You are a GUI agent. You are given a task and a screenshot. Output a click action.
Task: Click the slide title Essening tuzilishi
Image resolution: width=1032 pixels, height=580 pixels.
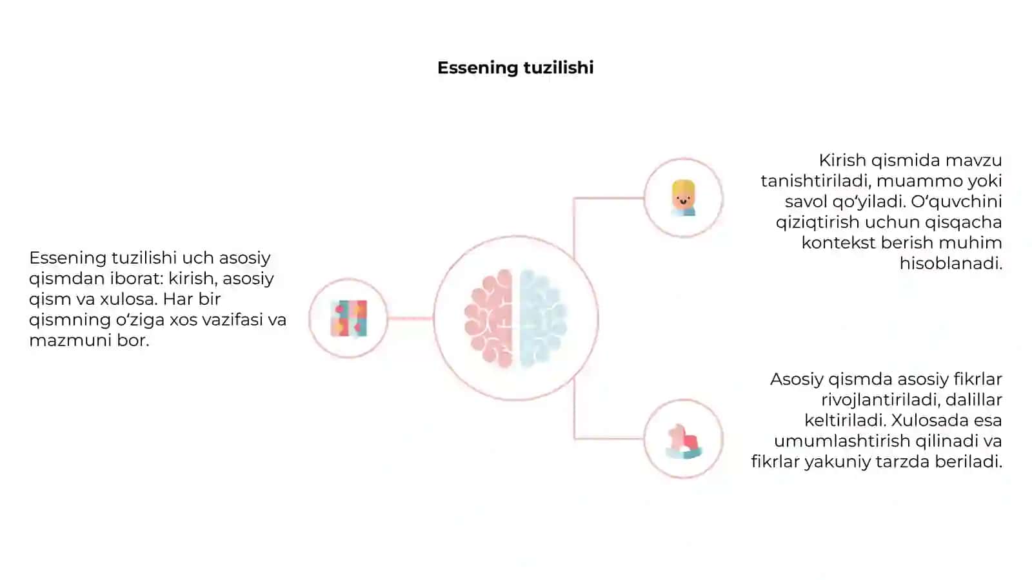515,68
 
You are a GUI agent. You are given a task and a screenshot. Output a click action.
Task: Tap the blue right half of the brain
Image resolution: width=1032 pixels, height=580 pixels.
543,318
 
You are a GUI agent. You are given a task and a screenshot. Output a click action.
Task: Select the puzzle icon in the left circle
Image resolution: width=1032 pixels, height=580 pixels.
349,318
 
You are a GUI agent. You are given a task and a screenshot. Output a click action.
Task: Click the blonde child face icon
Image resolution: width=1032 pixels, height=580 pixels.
683,198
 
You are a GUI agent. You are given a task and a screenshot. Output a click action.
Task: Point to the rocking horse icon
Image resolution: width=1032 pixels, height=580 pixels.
683,441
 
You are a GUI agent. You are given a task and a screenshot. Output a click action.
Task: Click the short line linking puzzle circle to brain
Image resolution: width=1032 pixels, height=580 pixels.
410,318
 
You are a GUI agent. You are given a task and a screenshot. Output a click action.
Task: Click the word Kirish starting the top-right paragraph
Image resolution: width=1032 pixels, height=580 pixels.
842,160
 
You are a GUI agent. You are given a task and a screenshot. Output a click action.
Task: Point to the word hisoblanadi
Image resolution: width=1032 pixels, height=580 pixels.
951,264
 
